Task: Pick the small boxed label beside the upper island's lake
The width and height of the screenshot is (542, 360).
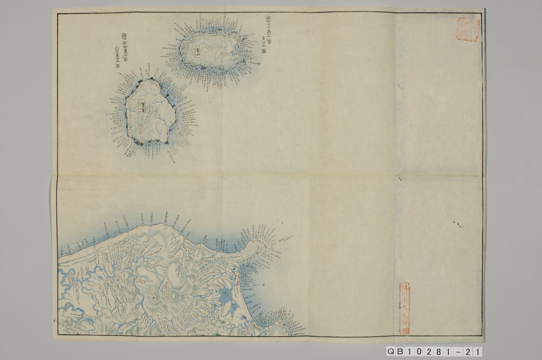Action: [225, 54]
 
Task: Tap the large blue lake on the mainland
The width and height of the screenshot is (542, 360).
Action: [225, 294]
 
